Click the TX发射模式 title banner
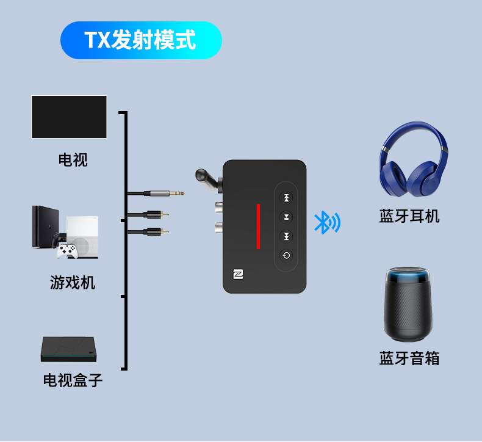[141, 40]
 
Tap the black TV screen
[69, 117]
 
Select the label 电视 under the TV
[73, 160]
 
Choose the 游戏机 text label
[73, 283]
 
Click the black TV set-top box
[69, 350]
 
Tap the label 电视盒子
[73, 380]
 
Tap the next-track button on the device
[286, 236]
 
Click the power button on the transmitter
[286, 256]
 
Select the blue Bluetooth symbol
[326, 222]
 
